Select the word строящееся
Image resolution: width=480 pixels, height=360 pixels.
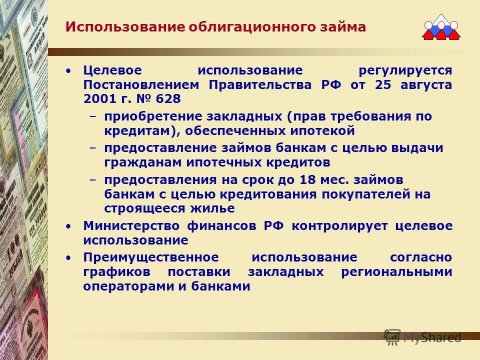141,208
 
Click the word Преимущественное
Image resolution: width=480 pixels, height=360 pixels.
151,257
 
